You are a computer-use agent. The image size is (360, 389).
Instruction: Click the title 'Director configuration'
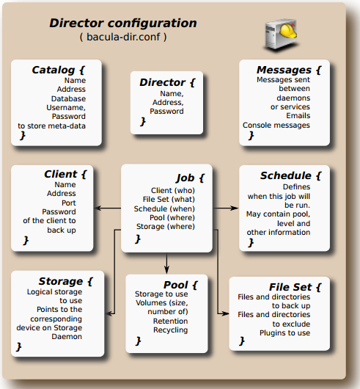click(x=123, y=23)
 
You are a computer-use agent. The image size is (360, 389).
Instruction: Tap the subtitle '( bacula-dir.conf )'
click(x=123, y=37)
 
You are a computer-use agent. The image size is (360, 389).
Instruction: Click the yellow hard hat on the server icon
click(x=288, y=30)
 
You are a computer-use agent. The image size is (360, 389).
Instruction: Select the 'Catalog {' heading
click(x=59, y=70)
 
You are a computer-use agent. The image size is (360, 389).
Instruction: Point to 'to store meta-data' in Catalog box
click(x=51, y=126)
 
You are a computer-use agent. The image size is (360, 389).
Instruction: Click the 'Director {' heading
click(x=167, y=82)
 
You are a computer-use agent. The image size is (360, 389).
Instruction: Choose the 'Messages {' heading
click(x=289, y=70)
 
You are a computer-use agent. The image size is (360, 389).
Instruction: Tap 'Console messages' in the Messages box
click(x=276, y=126)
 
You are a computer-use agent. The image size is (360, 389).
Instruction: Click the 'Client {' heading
click(x=65, y=174)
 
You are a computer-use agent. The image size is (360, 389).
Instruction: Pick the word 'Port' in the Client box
click(x=69, y=203)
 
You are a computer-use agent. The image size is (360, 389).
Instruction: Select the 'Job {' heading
click(x=191, y=178)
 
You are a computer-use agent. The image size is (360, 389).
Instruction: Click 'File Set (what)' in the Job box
click(x=169, y=200)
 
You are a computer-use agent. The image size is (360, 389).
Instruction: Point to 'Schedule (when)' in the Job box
click(x=164, y=209)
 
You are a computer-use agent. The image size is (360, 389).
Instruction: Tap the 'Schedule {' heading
click(x=290, y=175)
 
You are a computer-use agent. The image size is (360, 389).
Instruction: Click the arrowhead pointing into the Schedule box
click(x=234, y=208)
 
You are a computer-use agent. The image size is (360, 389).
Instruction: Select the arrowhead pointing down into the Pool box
click(x=166, y=269)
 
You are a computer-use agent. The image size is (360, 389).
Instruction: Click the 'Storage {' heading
click(x=66, y=281)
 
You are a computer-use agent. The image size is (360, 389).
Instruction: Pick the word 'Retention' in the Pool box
click(x=170, y=321)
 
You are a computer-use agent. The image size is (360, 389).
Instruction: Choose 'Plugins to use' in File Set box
click(x=284, y=333)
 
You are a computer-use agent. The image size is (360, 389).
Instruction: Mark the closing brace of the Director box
click(x=143, y=122)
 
